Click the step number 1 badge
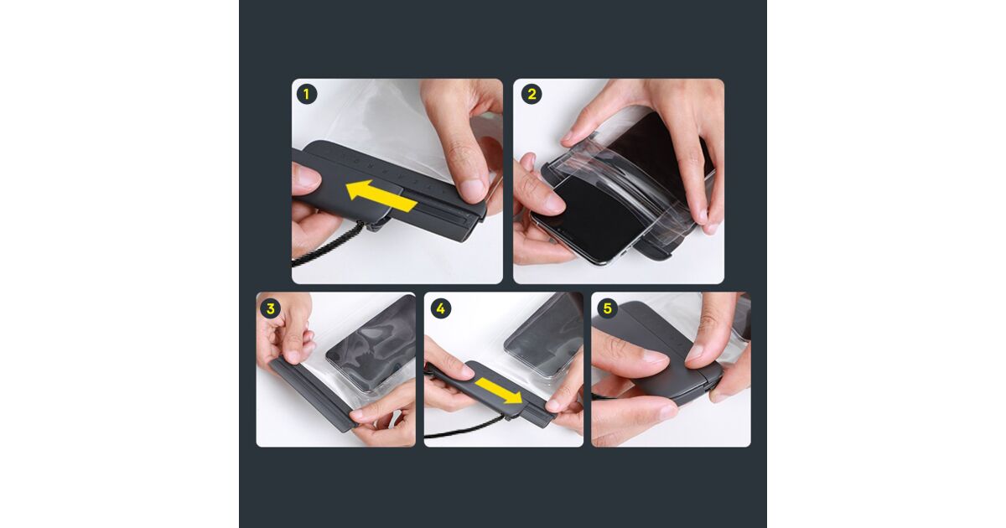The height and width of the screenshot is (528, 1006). pyautogui.click(x=307, y=94)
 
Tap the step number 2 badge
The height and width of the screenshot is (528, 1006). pyautogui.click(x=532, y=94)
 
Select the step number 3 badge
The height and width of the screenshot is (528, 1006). pyautogui.click(x=270, y=308)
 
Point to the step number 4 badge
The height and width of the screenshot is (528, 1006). pyautogui.click(x=441, y=308)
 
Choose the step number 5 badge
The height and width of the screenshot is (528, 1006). pyautogui.click(x=608, y=308)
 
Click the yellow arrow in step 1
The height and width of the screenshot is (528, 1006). pyautogui.click(x=381, y=196)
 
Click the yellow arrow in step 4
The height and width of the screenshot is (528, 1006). pyautogui.click(x=500, y=391)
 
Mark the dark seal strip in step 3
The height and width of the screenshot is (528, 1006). pyautogui.click(x=311, y=394)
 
